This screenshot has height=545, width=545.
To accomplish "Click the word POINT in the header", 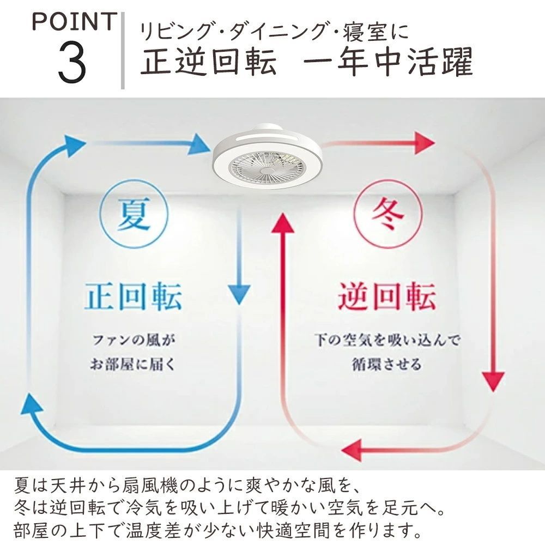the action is point(74,22).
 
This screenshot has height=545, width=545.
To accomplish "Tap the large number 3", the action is point(72,62).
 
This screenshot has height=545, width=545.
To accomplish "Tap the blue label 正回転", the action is point(134,296).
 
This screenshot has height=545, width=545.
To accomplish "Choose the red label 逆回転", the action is point(387,296).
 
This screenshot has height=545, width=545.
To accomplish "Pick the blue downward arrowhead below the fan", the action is point(239,294).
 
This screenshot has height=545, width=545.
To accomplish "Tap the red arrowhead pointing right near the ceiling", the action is point(424,143).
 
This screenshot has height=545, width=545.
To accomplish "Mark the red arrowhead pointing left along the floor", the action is point(352,450).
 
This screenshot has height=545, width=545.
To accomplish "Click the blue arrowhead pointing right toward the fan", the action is point(199,144).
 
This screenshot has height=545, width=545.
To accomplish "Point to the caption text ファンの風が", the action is point(134,340).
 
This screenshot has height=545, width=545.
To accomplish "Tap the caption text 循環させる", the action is point(387,365).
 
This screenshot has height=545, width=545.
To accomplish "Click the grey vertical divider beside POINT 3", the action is point(123,50).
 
